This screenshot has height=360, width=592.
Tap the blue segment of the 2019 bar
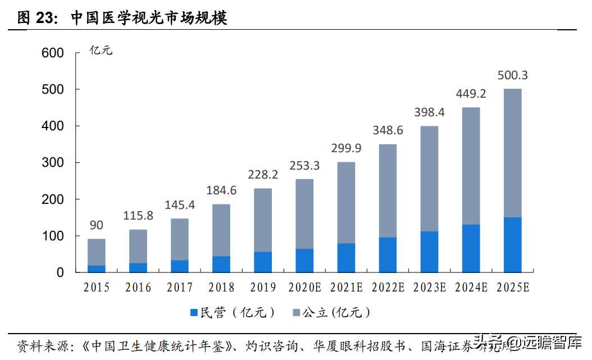tap(262, 262)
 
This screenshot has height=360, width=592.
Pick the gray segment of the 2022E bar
tap(388, 191)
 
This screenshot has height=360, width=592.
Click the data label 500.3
tap(513, 75)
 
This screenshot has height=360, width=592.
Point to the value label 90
tap(96, 225)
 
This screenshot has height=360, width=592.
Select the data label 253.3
tap(304, 166)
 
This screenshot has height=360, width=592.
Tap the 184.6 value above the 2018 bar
tap(221, 190)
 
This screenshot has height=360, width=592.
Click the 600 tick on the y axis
tap(53, 53)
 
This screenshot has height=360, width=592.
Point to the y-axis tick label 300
tap(53, 163)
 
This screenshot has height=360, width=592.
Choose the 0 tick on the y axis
tap(60, 272)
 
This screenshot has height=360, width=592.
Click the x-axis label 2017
tap(179, 288)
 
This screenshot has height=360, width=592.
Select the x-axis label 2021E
tap(346, 288)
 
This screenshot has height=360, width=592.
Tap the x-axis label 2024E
tap(471, 288)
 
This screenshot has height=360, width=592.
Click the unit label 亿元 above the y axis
tap(101, 51)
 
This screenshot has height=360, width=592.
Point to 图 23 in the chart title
tap(37, 17)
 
